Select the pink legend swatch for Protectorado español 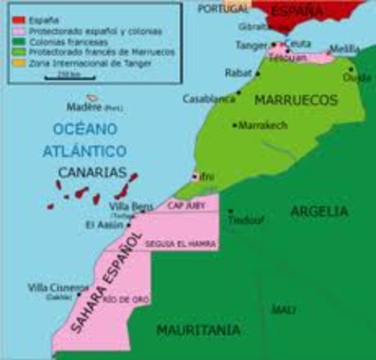pyautogui.click(x=17, y=31)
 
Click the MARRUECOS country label pyautogui.click(x=292, y=100)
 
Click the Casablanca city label pyautogui.click(x=209, y=98)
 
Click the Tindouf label pyautogui.click(x=243, y=220)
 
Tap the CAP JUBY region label pyautogui.click(x=185, y=205)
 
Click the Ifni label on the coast pyautogui.click(x=207, y=176)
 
